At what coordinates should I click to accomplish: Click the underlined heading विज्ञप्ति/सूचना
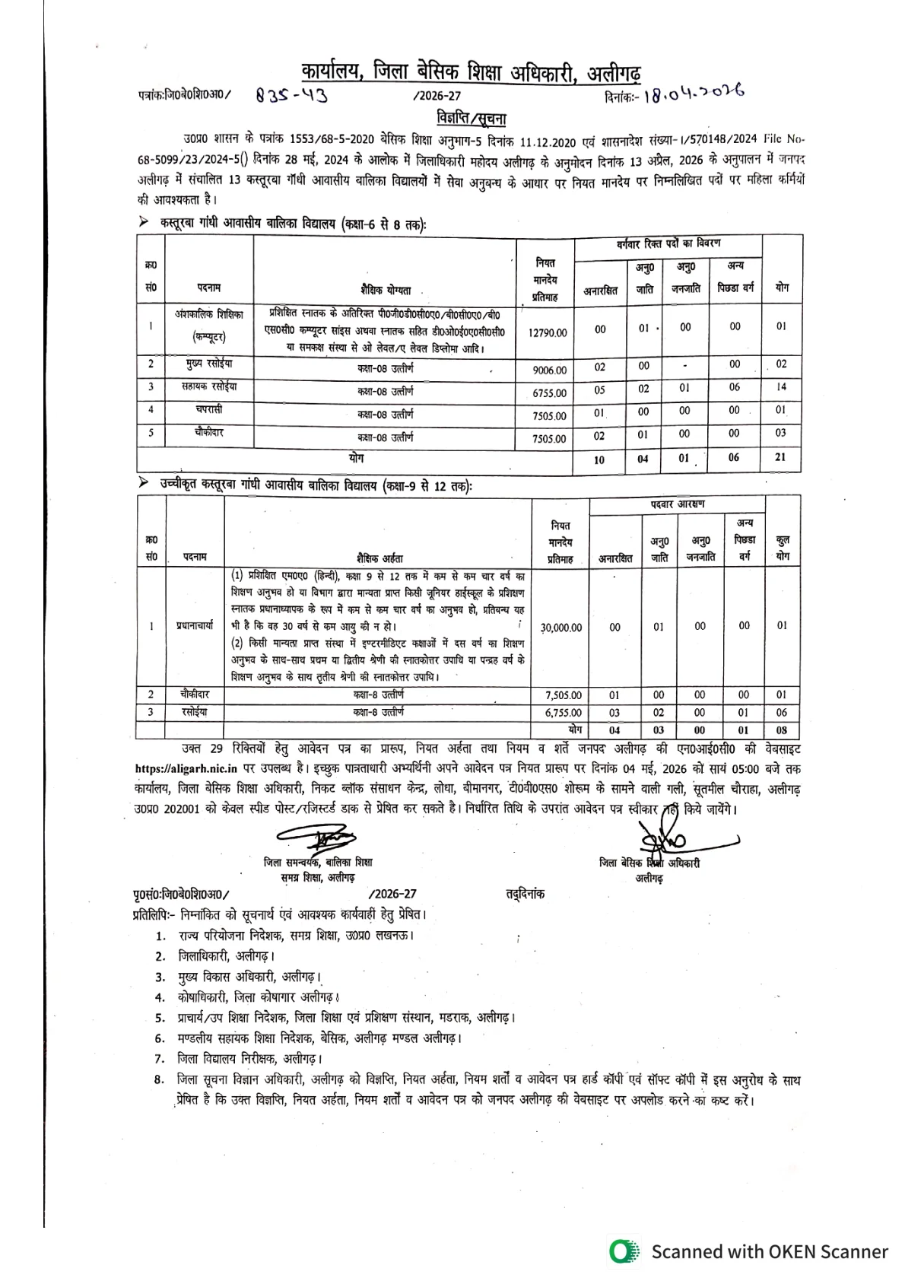(472, 118)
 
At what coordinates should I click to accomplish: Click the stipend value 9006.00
(549, 370)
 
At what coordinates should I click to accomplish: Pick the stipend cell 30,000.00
(561, 628)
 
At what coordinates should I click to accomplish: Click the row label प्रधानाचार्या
(195, 625)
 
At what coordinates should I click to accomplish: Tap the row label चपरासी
(208, 409)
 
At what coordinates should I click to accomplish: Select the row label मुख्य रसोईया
(208, 364)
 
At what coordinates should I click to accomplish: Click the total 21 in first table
(781, 457)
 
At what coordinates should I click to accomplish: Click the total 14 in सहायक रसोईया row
(781, 387)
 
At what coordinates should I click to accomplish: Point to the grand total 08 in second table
(782, 730)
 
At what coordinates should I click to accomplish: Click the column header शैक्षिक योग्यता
(386, 290)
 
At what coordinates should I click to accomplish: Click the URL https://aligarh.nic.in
(186, 770)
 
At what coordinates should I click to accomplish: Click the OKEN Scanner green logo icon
(625, 1251)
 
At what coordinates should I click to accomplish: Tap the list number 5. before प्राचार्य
(160, 1018)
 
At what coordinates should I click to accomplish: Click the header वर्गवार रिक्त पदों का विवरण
(668, 243)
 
